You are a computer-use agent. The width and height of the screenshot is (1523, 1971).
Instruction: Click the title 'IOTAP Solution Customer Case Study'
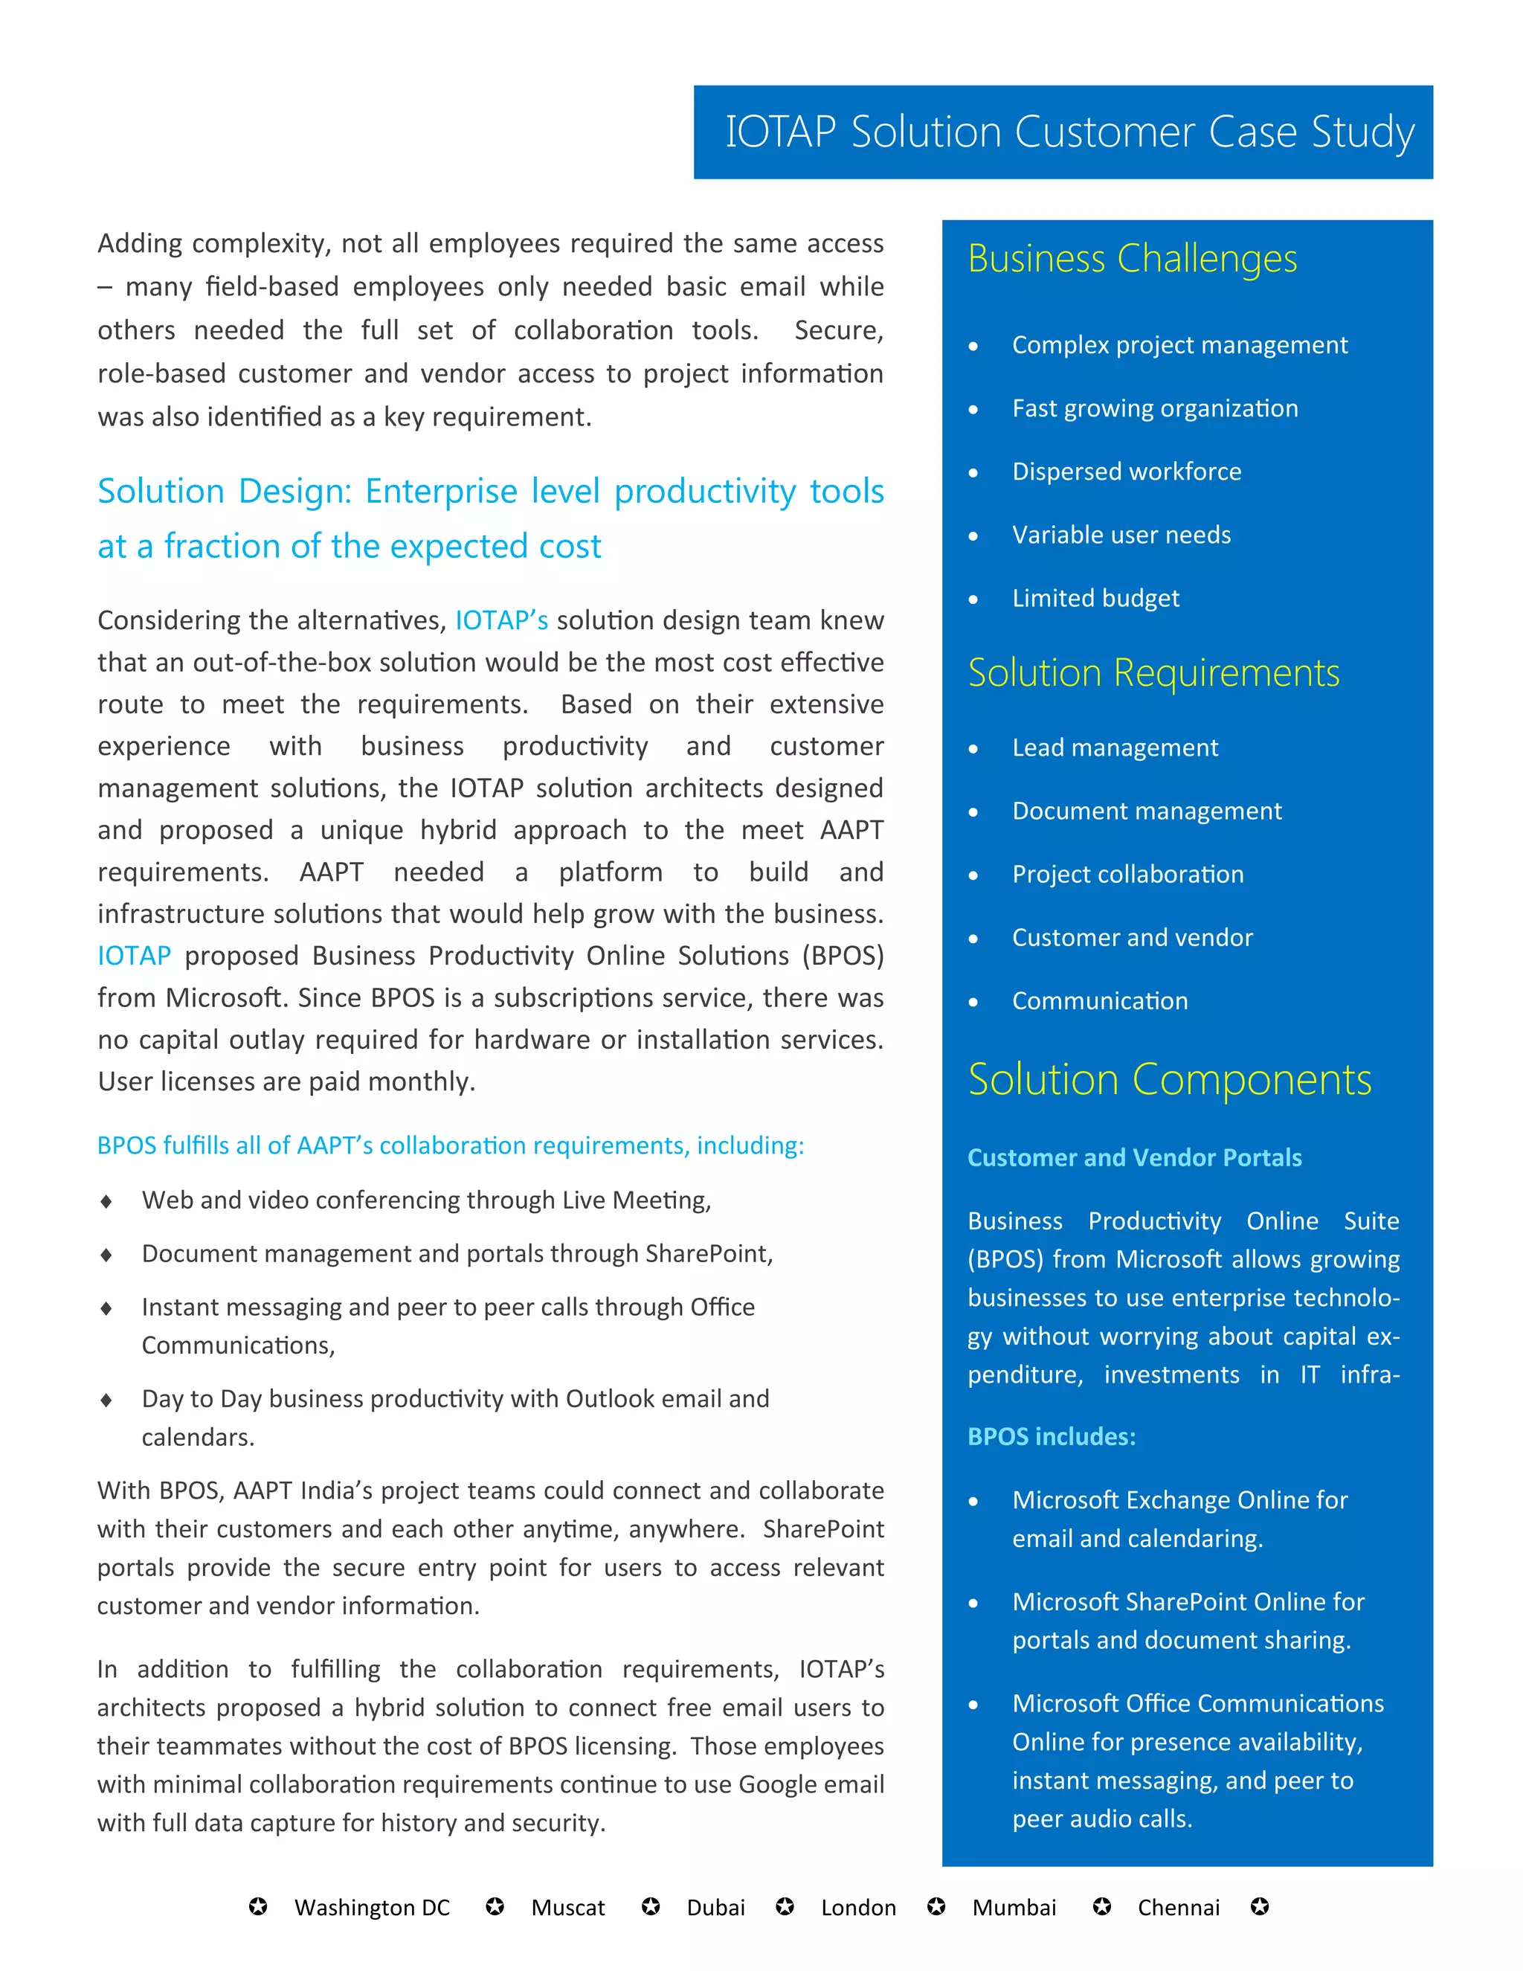pos(1069,132)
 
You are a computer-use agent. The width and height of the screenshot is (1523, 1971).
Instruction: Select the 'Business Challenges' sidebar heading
pos(1133,259)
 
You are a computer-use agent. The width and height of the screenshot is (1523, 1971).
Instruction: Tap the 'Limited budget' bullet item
pos(1095,598)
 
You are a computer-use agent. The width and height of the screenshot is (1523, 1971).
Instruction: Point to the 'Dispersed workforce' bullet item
pos(1126,472)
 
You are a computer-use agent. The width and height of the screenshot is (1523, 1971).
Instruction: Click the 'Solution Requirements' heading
pos(1153,673)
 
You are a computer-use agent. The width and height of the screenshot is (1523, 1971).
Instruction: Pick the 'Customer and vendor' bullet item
pos(1131,938)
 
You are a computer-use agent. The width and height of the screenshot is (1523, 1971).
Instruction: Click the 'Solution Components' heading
pos(1169,1079)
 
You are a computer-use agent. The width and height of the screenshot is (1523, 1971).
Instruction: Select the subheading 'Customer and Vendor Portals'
pos(1134,1158)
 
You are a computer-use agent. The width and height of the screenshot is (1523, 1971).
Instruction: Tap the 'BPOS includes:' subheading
pos(1051,1437)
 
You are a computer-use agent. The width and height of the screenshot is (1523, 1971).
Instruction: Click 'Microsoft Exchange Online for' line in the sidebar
pos(1179,1500)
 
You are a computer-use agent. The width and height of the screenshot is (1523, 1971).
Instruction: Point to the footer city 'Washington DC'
pos(372,1908)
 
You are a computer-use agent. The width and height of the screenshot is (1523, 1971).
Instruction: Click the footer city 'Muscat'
pos(567,1908)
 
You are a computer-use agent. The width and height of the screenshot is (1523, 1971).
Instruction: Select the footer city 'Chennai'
pos(1179,1908)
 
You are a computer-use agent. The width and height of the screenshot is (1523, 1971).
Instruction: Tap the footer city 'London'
pos(858,1908)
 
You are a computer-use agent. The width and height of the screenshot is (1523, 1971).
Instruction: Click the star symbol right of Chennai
pos(1260,1907)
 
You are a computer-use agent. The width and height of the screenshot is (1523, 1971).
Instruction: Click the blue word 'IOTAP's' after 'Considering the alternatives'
pos(502,621)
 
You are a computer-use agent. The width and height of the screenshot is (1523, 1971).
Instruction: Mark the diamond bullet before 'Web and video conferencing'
pos(106,1201)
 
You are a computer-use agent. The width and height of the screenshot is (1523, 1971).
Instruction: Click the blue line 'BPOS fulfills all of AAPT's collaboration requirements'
pos(450,1145)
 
